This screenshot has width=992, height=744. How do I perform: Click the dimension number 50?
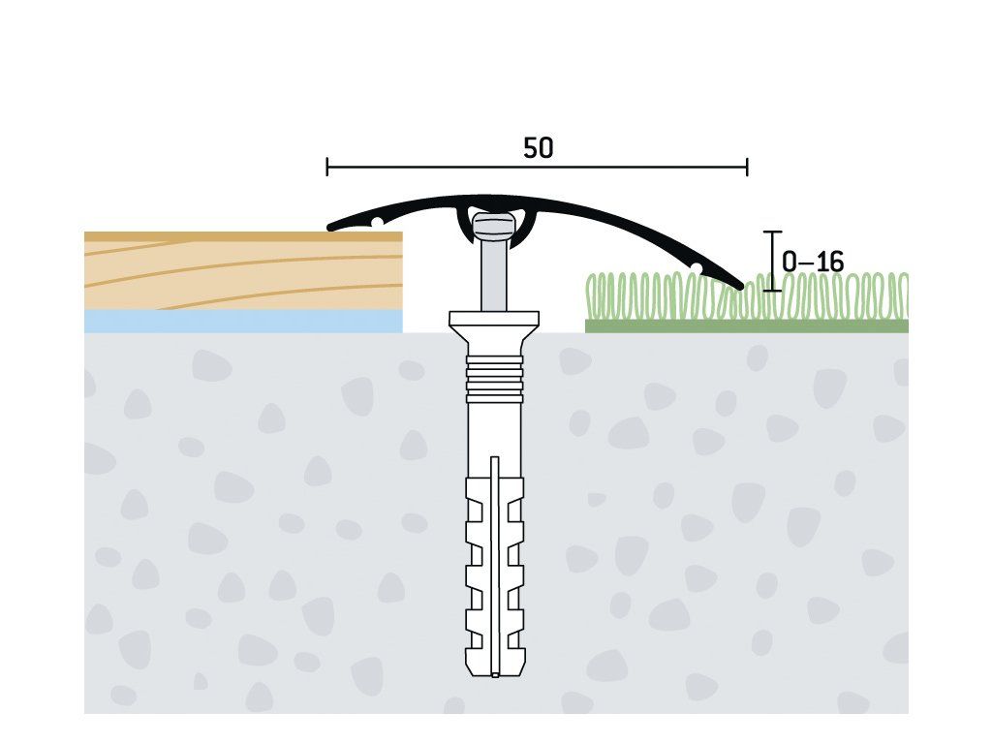538,148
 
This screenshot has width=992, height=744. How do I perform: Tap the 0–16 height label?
813,262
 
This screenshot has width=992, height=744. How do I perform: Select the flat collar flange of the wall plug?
494,318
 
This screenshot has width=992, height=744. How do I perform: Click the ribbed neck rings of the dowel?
494,379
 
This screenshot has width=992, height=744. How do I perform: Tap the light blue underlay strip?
243,321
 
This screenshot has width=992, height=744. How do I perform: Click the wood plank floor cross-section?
243,271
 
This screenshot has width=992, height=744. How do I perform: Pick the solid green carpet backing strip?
747,325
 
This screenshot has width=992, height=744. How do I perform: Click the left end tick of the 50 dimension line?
327,167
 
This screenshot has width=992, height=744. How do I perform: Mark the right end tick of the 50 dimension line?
747,167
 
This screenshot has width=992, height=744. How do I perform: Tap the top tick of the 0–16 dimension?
772,232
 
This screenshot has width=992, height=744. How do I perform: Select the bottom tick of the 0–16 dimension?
772,291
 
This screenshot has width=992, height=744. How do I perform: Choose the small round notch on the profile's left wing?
377,222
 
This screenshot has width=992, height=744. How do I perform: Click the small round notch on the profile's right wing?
696,269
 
